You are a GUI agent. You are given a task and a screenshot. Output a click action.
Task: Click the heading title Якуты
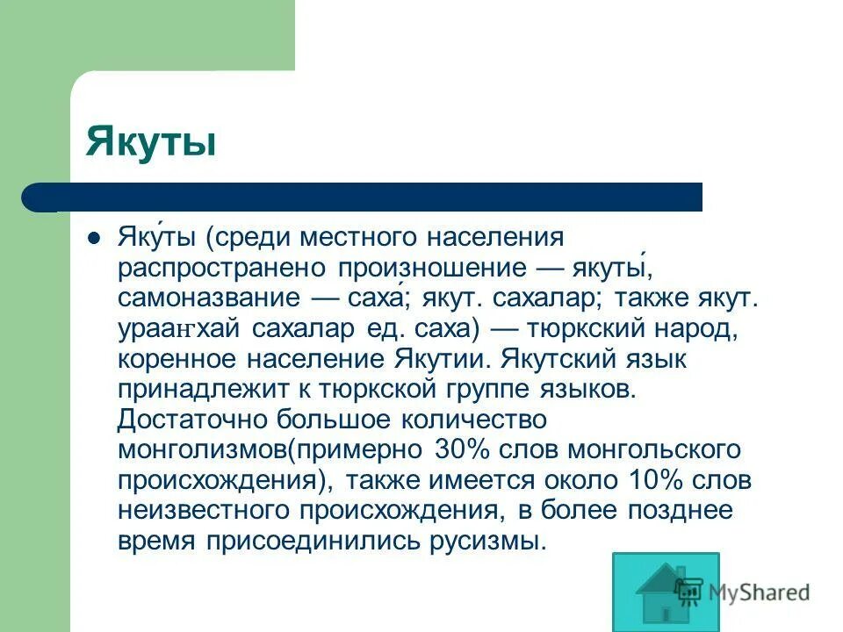[150, 141]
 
